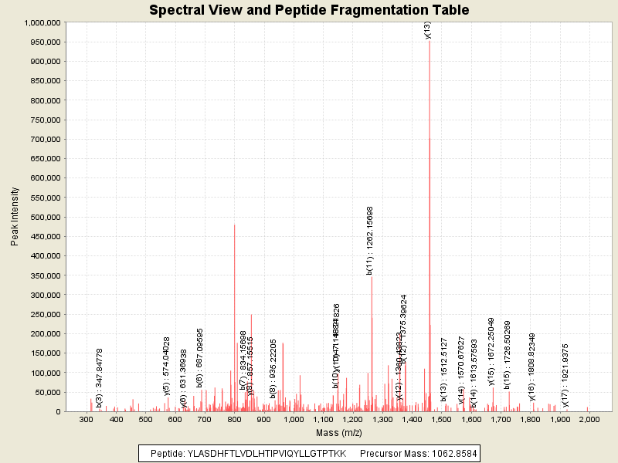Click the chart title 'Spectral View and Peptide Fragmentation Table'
(309, 10)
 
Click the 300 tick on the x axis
(87, 420)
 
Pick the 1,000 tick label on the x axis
(293, 420)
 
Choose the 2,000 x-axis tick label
(589, 420)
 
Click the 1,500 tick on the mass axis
(441, 420)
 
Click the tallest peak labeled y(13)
(430, 231)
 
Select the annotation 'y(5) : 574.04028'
(167, 367)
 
